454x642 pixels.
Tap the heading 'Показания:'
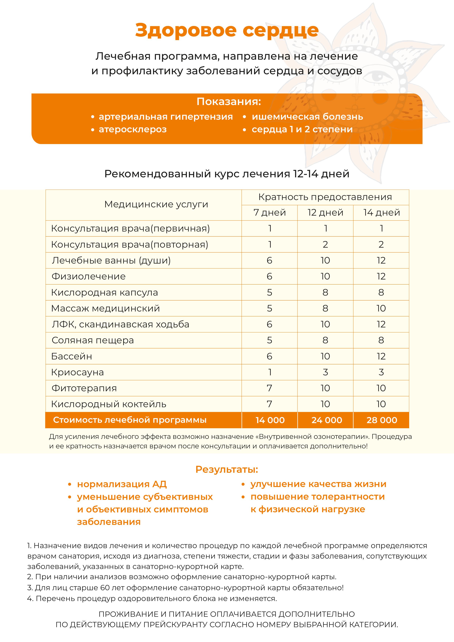(228, 102)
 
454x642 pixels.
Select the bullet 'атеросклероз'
(132, 129)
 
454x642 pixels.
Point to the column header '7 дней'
(270, 212)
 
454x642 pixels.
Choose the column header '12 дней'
(325, 212)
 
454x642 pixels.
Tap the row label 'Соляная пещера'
(93, 340)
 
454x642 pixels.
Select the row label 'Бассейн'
(72, 356)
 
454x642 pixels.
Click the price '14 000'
(270, 420)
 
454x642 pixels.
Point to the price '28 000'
(382, 420)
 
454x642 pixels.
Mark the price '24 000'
(326, 420)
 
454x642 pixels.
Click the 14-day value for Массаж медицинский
(381, 308)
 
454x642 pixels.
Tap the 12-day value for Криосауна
(325, 372)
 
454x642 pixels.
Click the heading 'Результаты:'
(227, 469)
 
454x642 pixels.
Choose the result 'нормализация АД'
(122, 484)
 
